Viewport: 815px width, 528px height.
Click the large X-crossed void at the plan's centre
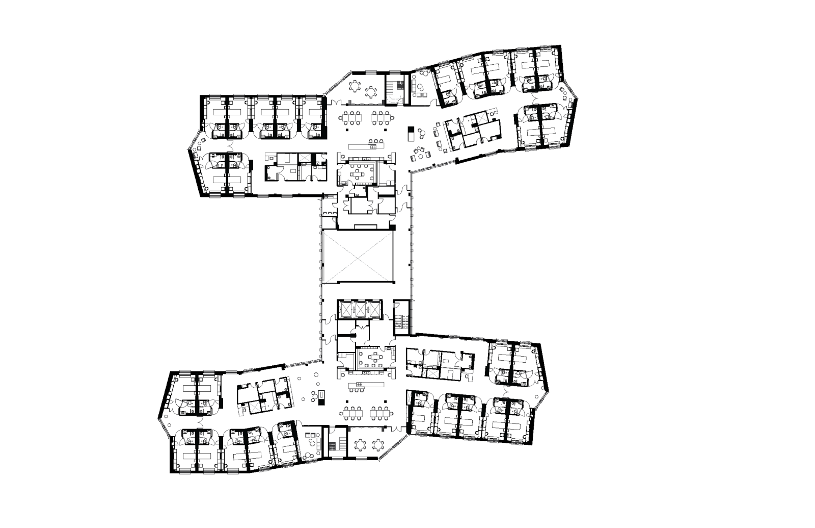(x=358, y=257)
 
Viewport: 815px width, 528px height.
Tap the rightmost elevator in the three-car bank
(x=373, y=309)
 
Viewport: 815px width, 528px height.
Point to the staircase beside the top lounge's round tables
(x=394, y=90)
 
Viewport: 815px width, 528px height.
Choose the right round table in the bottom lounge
(x=377, y=445)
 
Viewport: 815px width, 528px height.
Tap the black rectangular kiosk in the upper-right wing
(x=411, y=134)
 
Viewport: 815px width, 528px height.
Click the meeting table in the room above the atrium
(x=357, y=173)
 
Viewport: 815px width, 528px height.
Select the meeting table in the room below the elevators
(x=375, y=357)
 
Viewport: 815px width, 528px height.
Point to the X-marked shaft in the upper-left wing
(x=304, y=158)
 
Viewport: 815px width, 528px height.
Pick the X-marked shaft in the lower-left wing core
(x=254, y=407)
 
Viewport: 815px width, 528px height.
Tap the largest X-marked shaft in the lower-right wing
(x=432, y=373)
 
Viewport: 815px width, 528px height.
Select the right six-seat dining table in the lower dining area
(x=379, y=413)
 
